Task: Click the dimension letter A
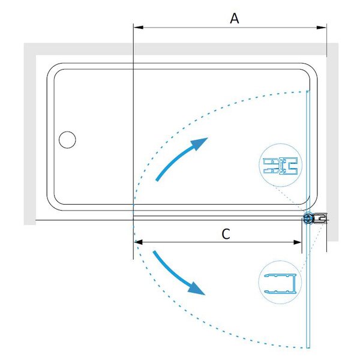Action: click(235, 19)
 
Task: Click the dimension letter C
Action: click(226, 234)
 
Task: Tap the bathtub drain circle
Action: click(67, 140)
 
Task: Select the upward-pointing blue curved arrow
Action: click(181, 158)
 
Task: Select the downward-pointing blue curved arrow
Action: click(179, 273)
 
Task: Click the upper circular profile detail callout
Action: click(280, 165)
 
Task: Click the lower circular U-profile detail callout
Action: click(280, 282)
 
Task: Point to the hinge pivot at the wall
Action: click(308, 218)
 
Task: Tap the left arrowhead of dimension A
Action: click(139, 28)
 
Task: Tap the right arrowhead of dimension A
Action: click(322, 28)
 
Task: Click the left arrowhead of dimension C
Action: click(139, 242)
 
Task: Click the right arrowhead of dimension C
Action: click(296, 242)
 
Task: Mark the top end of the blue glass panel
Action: click(308, 91)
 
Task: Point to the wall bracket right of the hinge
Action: click(320, 218)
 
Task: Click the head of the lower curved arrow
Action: click(197, 289)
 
